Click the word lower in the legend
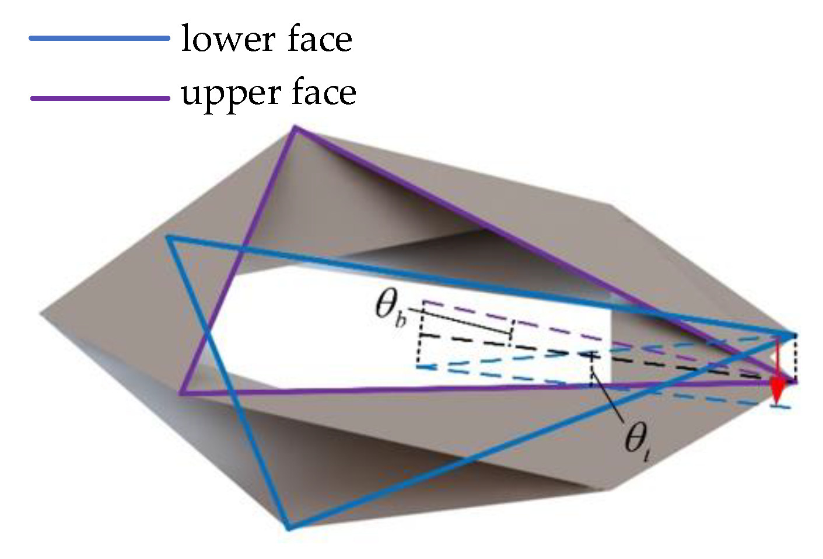pyautogui.click(x=227, y=40)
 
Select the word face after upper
pyautogui.click(x=324, y=93)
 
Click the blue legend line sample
pyautogui.click(x=99, y=39)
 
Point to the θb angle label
pyautogui.click(x=390, y=307)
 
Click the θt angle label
pyautogui.click(x=637, y=439)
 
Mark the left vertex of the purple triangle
pyautogui.click(x=181, y=393)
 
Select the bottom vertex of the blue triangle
pyautogui.click(x=288, y=529)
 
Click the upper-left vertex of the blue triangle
pyautogui.click(x=168, y=237)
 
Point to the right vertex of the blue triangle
pyautogui.click(x=794, y=335)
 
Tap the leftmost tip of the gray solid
pyautogui.click(x=41, y=315)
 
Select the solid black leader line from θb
pyautogui.click(x=461, y=321)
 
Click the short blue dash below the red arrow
pyautogui.click(x=782, y=405)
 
